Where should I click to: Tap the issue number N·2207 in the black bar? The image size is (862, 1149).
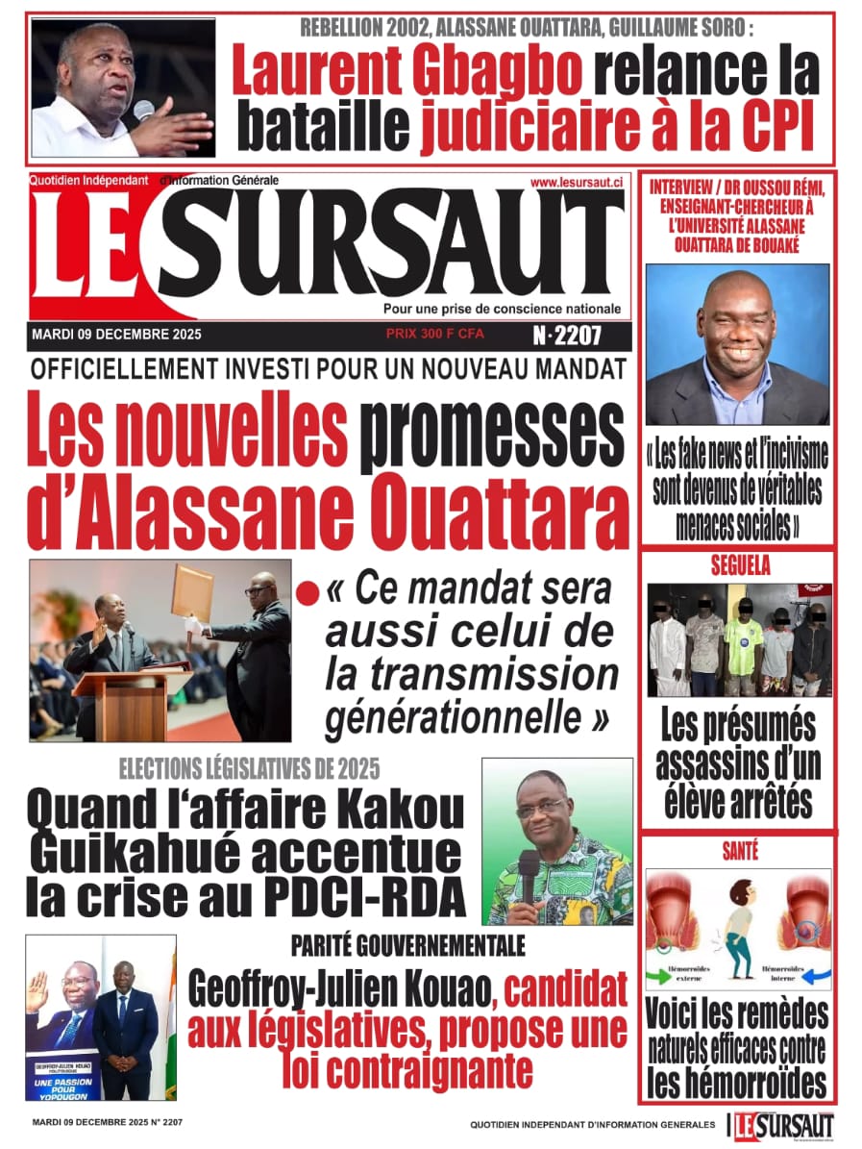(x=567, y=337)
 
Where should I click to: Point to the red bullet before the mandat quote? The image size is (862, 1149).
(x=308, y=594)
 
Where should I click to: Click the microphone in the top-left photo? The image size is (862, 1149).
(x=144, y=109)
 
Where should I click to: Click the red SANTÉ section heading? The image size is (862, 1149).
(x=739, y=850)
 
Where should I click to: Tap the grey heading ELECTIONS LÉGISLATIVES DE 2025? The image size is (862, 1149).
(x=249, y=768)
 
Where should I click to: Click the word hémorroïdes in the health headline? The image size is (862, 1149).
(x=737, y=1084)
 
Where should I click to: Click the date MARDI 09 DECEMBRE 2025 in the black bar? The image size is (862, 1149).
(x=116, y=336)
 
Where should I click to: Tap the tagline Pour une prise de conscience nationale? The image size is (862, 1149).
(x=502, y=309)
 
